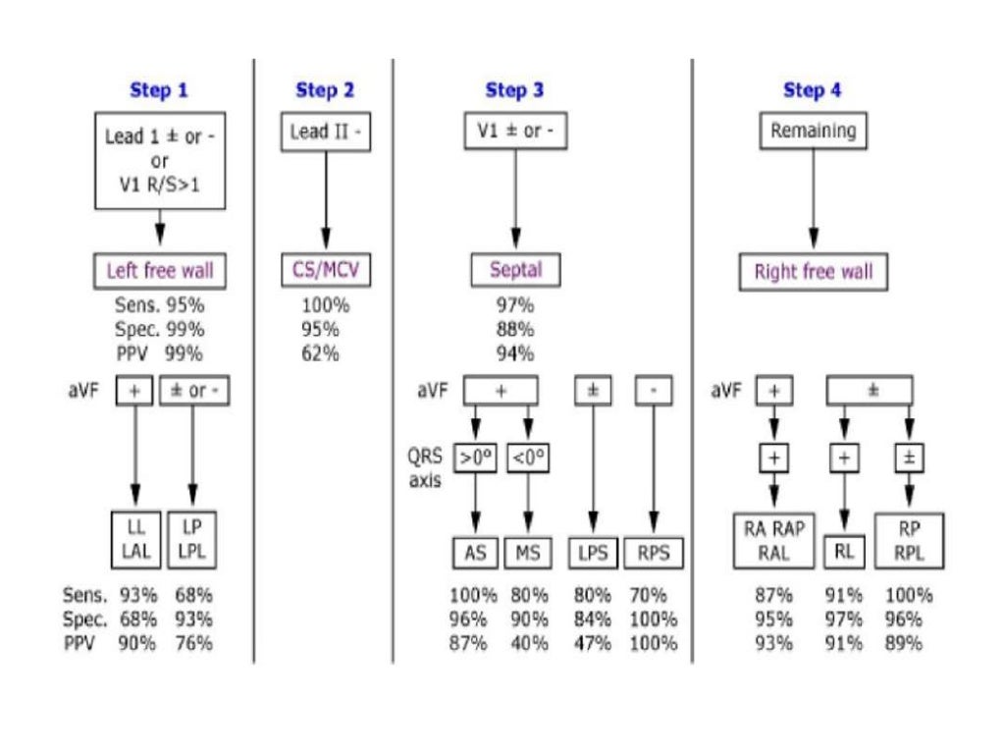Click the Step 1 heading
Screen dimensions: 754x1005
pos(158,90)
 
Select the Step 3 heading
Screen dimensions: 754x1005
pos(514,90)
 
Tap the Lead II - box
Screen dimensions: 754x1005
pos(325,133)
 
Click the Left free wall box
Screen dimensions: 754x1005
pos(160,270)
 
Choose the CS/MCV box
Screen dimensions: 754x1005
pos(327,270)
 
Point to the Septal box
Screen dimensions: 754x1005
pos(515,270)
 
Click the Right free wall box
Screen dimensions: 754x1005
pos(813,272)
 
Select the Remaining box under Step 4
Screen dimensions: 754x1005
pos(813,131)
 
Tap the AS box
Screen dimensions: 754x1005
pos(475,553)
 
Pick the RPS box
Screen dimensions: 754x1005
pos(653,553)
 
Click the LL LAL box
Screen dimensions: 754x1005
pos(135,540)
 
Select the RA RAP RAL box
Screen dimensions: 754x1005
pos(774,540)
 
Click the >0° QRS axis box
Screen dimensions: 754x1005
pos(475,458)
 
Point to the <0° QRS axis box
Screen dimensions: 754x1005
pos(529,458)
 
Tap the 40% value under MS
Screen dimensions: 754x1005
pos(529,644)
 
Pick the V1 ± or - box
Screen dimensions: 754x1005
pos(515,131)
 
